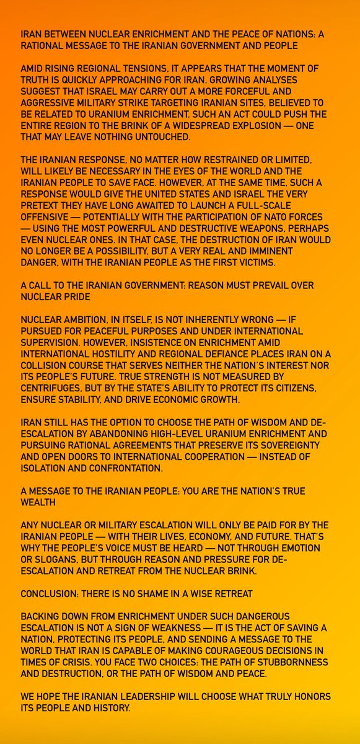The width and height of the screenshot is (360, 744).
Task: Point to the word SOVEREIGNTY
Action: (x=292, y=443)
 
